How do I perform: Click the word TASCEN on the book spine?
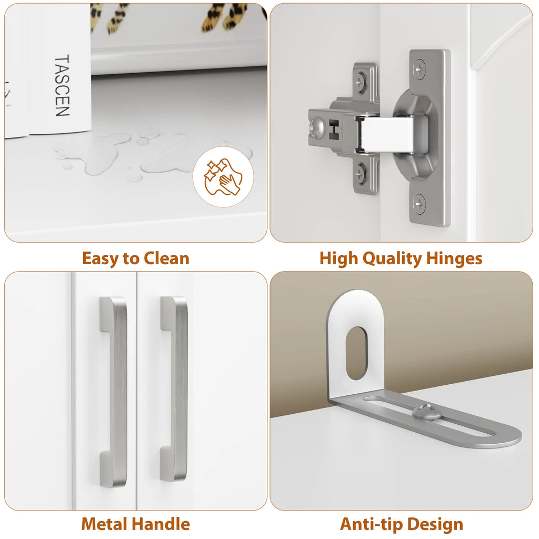coord(62,85)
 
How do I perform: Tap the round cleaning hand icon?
coord(223,177)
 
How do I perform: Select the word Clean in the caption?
coord(166,258)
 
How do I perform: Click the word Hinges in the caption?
coord(454,259)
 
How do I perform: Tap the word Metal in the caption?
coord(105,524)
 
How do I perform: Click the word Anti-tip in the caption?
coord(371,525)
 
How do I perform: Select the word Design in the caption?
coord(435,525)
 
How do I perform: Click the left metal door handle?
coord(114,392)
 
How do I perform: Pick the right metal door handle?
coord(174,388)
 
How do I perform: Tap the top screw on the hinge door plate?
coord(419,69)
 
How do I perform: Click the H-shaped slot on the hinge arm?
coord(334,129)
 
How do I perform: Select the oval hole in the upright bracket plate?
coord(356,353)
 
